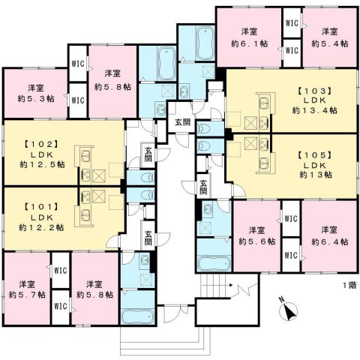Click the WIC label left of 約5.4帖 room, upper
(x=292, y=23)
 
